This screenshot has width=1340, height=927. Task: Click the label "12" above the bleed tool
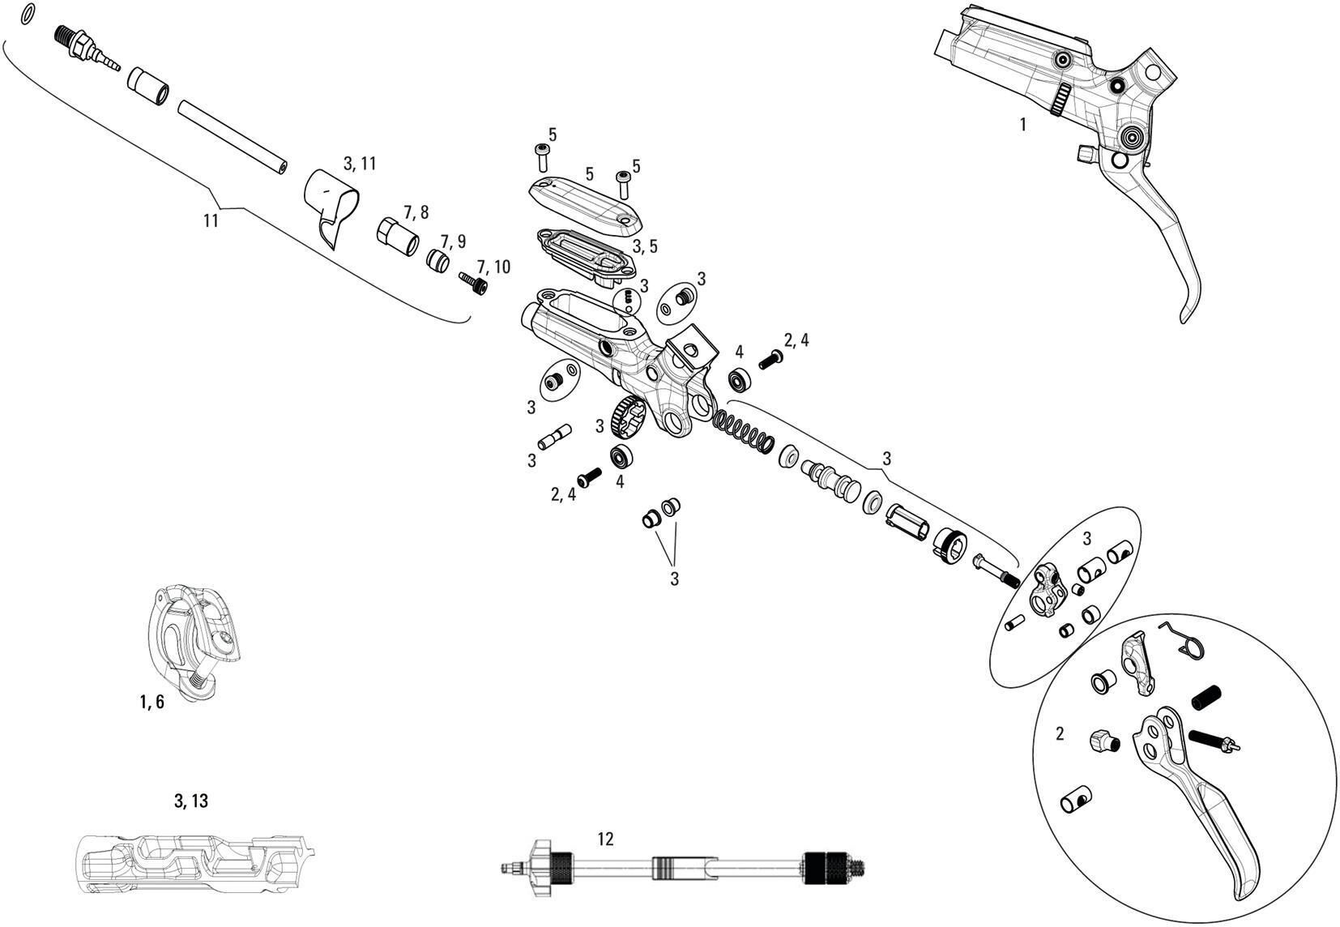pyautogui.click(x=604, y=839)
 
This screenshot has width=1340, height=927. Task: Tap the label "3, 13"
pyautogui.click(x=191, y=801)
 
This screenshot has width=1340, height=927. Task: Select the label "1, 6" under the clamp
pyautogui.click(x=151, y=703)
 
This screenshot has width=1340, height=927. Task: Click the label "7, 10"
pyautogui.click(x=493, y=267)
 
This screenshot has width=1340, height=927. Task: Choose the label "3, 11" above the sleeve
pyautogui.click(x=360, y=164)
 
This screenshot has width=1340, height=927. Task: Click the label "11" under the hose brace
pyautogui.click(x=211, y=220)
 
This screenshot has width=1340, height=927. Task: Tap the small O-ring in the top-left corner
pyautogui.click(x=28, y=14)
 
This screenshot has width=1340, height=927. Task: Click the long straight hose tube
pyautogui.click(x=233, y=135)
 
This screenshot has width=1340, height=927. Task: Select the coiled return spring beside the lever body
pyautogui.click(x=744, y=431)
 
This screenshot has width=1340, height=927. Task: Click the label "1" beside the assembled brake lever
pyautogui.click(x=1022, y=125)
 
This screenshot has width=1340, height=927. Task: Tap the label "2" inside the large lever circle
pyautogui.click(x=1060, y=734)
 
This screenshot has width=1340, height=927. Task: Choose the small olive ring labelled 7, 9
pyautogui.click(x=438, y=261)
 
